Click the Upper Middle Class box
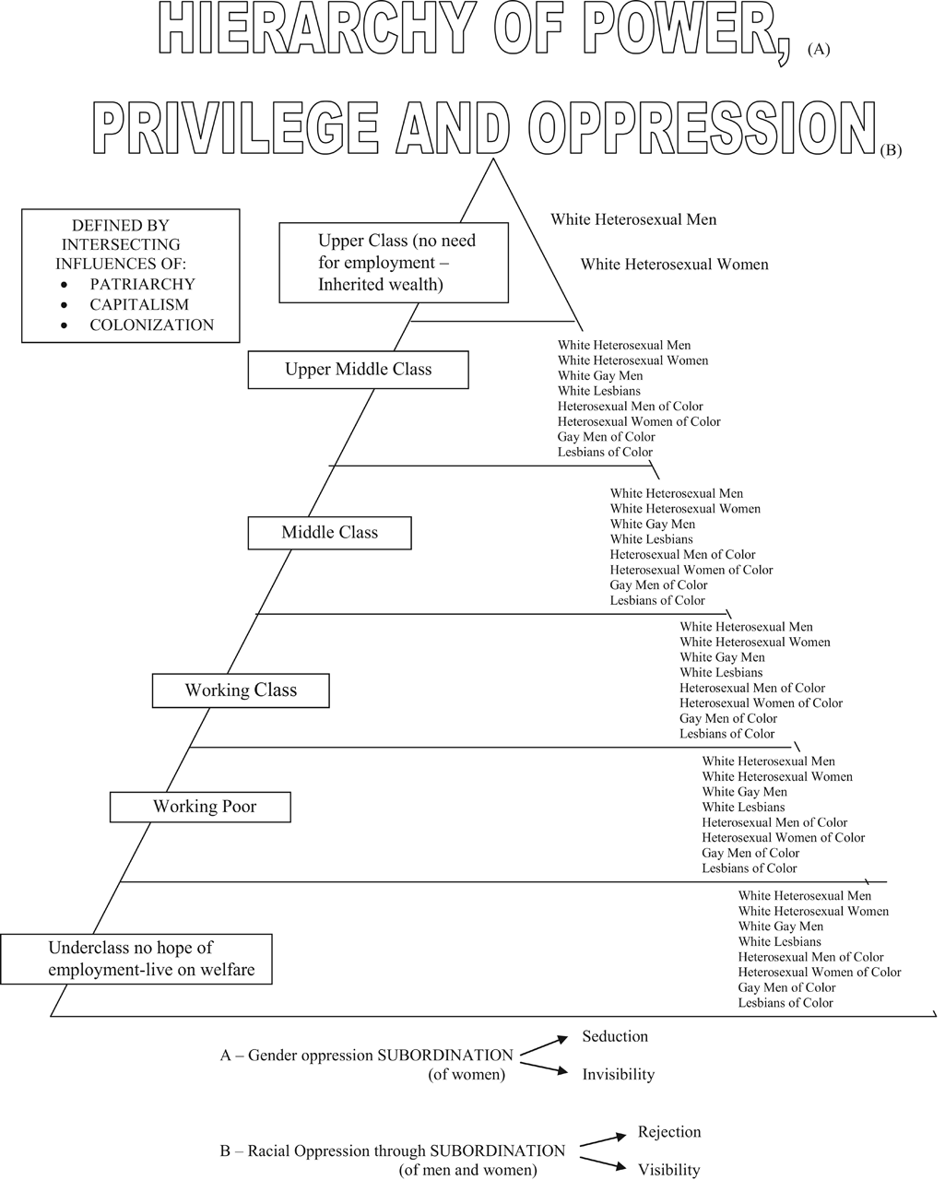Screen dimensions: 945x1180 click(x=358, y=370)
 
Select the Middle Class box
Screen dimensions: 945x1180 click(x=329, y=533)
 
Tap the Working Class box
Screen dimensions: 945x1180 click(x=241, y=690)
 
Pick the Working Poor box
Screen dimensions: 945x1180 click(x=200, y=807)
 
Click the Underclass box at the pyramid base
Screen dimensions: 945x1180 click(x=136, y=959)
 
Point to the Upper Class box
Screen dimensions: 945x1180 click(x=394, y=263)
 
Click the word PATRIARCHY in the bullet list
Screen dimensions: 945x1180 click(x=142, y=284)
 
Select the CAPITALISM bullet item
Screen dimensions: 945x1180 click(x=138, y=304)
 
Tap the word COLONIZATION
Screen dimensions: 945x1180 click(x=151, y=324)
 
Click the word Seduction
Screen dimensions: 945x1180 click(x=615, y=1037)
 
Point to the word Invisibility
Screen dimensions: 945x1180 click(x=618, y=1075)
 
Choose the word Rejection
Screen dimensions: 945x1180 click(x=669, y=1132)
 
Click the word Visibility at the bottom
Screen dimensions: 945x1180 click(x=668, y=1170)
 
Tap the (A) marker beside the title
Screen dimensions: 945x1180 click(x=819, y=52)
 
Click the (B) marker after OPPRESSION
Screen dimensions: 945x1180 click(x=891, y=150)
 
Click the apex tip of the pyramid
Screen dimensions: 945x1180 click(x=494, y=159)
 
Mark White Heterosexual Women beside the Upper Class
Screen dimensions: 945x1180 click(x=674, y=265)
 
